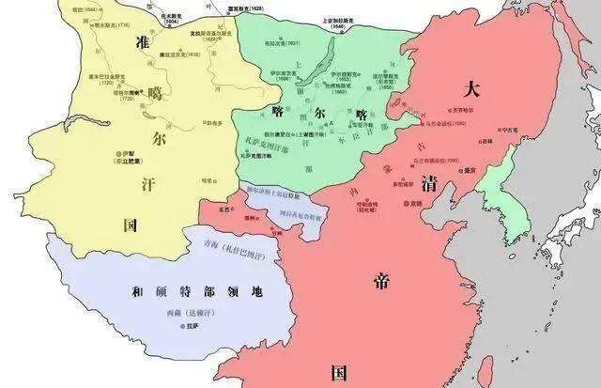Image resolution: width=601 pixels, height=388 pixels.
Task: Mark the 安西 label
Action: point(224,211)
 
